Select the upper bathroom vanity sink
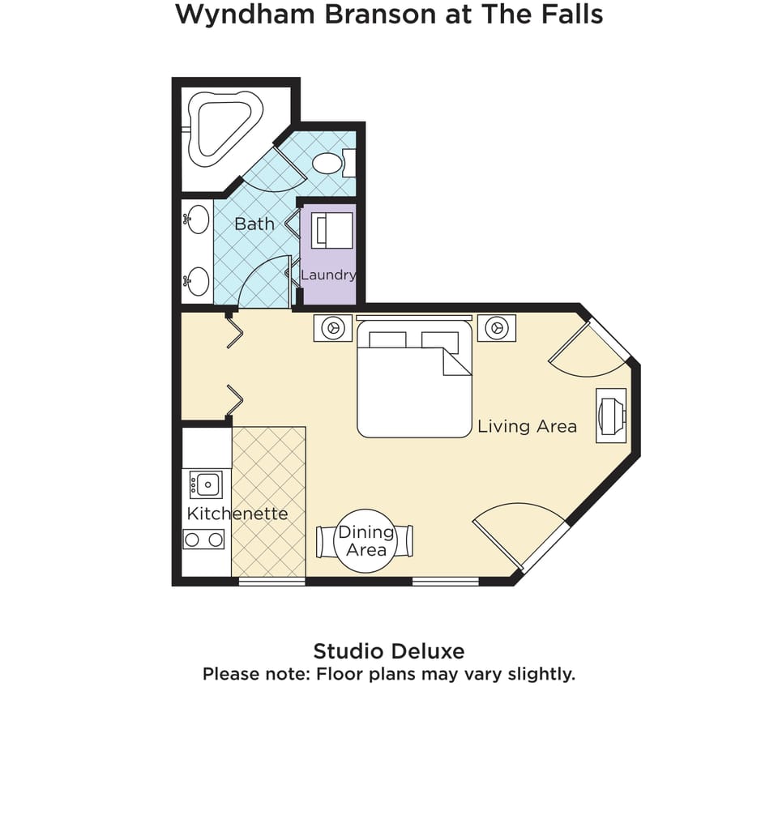[x=197, y=220]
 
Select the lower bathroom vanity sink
[x=197, y=281]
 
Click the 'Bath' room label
[x=254, y=224]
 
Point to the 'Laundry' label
[x=328, y=275]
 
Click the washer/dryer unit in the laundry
[x=332, y=230]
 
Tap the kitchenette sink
[x=206, y=484]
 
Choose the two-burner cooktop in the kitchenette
[x=203, y=539]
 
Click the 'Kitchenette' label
[x=237, y=514]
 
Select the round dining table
[x=365, y=540]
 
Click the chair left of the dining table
[x=325, y=542]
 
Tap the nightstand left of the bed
[x=333, y=328]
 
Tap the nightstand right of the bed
[x=496, y=328]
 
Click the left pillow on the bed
[x=387, y=340]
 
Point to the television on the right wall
[x=611, y=416]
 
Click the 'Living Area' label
[x=528, y=426]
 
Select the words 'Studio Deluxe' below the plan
[x=389, y=651]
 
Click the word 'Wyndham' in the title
[x=245, y=15]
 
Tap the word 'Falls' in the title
[x=572, y=14]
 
